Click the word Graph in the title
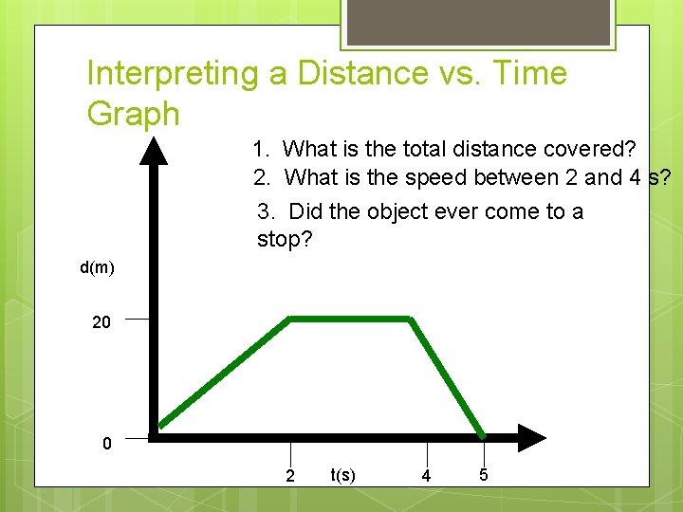[133, 114]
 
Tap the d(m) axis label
[97, 268]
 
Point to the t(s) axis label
[343, 474]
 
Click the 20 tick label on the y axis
[102, 322]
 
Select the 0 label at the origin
[107, 444]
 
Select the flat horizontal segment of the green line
[349, 318]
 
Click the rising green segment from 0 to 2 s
[225, 372]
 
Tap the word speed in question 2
[432, 177]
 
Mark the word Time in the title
[521, 74]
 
